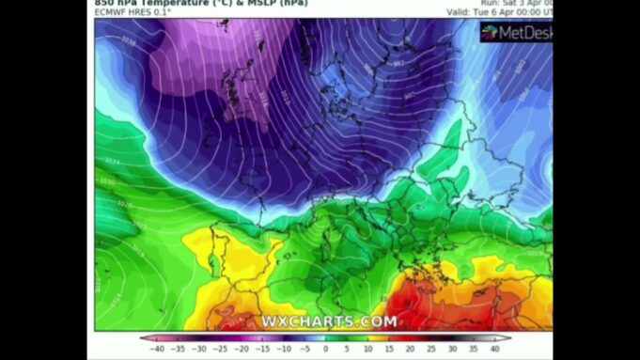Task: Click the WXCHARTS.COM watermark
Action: [329, 321]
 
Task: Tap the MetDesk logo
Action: [516, 33]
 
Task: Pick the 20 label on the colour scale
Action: [410, 349]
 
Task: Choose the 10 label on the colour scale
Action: [367, 349]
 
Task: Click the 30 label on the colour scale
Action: [452, 349]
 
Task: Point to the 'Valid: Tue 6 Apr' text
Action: [498, 13]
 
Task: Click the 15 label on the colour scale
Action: [389, 349]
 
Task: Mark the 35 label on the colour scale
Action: [474, 349]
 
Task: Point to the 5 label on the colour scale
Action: [347, 349]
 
